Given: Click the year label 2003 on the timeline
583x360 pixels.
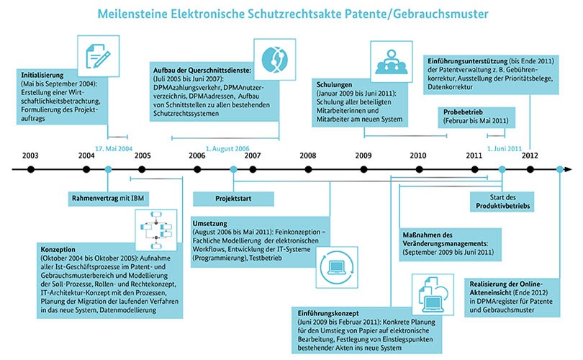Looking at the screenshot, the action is pyautogui.click(x=30, y=156).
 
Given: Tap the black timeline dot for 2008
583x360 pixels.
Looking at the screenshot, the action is pyautogui.click(x=308, y=170).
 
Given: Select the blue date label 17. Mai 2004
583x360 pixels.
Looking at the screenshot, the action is pyautogui.click(x=114, y=149).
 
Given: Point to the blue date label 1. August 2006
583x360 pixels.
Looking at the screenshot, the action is pyautogui.click(x=227, y=149).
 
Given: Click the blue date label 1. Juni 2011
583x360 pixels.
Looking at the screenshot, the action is pyautogui.click(x=505, y=149).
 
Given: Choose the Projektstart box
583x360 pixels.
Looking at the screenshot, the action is pyautogui.click(x=233, y=199).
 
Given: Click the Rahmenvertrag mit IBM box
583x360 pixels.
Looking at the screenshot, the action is pyautogui.click(x=108, y=199).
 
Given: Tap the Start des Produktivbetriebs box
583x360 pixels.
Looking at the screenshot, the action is pyautogui.click(x=502, y=202).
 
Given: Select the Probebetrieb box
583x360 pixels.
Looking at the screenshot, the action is pyautogui.click(x=476, y=117).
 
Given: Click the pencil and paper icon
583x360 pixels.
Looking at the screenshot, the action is pyautogui.click(x=99, y=56).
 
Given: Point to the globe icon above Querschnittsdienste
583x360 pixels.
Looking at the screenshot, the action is pyautogui.click(x=275, y=60).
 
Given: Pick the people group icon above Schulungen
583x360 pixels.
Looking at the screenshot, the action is pyautogui.click(x=391, y=62).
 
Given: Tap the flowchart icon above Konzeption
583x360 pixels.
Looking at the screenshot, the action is pyautogui.click(x=156, y=230).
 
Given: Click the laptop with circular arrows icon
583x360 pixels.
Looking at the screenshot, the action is pyautogui.click(x=337, y=267).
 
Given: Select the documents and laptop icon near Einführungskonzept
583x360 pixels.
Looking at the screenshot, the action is pyautogui.click(x=433, y=294).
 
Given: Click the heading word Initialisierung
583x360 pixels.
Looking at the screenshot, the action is pyautogui.click(x=42, y=75).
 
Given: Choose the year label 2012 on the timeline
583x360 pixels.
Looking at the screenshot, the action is pyautogui.click(x=530, y=156).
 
